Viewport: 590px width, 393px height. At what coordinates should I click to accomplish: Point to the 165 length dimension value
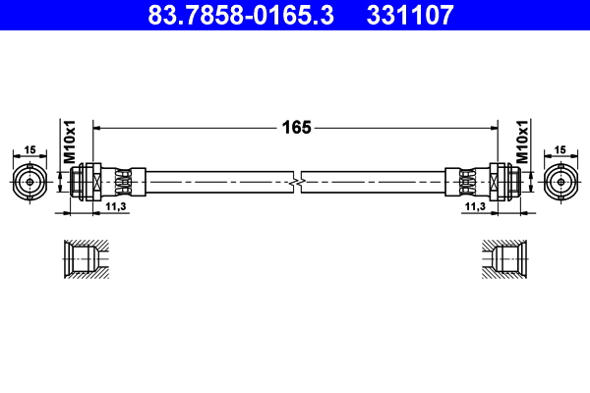pos(297,127)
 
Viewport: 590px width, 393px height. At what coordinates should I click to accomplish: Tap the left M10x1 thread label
pos(70,143)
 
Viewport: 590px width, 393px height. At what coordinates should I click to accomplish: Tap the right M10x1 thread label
pos(522,143)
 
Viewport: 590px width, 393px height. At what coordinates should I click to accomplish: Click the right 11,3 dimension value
pos(475,207)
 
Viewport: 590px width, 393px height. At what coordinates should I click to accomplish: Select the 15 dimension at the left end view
pos(29,149)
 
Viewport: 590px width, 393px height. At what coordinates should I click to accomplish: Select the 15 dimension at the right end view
pos(561,149)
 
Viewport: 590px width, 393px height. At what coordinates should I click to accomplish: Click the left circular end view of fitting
pos(30,182)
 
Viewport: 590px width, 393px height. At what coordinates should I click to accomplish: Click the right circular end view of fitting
pos(561,182)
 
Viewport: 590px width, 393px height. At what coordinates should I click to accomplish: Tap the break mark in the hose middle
pos(297,182)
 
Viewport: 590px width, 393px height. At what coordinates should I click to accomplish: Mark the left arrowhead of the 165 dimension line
pos(97,127)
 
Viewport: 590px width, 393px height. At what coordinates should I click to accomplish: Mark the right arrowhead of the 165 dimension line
pos(494,127)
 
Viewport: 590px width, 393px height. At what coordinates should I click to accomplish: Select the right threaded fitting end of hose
pos(505,182)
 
